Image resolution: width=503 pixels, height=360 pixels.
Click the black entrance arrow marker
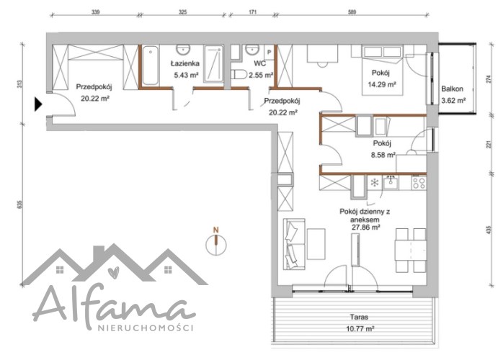tap(38, 104)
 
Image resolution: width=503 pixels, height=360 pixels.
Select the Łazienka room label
tap(184, 63)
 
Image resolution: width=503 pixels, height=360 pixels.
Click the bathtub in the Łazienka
tap(150, 66)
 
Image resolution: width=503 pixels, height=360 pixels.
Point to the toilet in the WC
tap(239, 75)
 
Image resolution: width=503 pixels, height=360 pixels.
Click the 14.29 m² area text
tap(382, 85)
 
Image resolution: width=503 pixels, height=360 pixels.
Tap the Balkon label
tap(453, 89)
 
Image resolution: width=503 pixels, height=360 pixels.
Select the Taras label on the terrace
tap(359, 317)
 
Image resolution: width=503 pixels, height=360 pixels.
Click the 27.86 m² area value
tap(365, 228)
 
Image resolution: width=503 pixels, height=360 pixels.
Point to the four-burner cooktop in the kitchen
tap(419, 183)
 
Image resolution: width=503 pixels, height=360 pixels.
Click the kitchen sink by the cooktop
tap(391, 183)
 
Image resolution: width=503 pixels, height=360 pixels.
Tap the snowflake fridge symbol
tap(374, 183)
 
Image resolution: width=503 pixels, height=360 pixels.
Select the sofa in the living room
tap(294, 244)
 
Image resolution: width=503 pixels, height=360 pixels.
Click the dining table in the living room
tap(411, 251)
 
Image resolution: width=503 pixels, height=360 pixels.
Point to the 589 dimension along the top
tap(352, 12)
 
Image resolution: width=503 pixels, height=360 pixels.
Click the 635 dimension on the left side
tap(19, 204)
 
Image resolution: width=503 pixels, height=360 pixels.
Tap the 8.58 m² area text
tap(383, 155)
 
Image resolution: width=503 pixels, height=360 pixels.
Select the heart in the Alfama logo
tap(113, 272)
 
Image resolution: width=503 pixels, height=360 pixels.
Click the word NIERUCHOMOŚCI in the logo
tap(146, 328)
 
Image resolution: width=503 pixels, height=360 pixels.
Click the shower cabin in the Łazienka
tap(213, 64)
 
